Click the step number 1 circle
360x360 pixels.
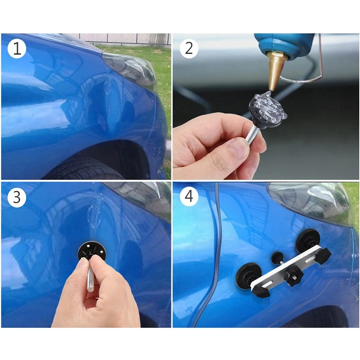pyautogui.click(x=17, y=49)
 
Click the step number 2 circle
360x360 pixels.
pyautogui.click(x=189, y=49)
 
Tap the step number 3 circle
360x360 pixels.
pyautogui.click(x=17, y=198)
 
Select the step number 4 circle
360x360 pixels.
pyautogui.click(x=189, y=198)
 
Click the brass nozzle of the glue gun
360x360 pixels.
pyautogui.click(x=276, y=70)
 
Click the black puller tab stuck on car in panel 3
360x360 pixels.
pyautogui.click(x=92, y=252)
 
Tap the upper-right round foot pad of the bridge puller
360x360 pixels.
pyautogui.click(x=308, y=241)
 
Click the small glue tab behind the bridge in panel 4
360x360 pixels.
pyautogui.click(x=277, y=257)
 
